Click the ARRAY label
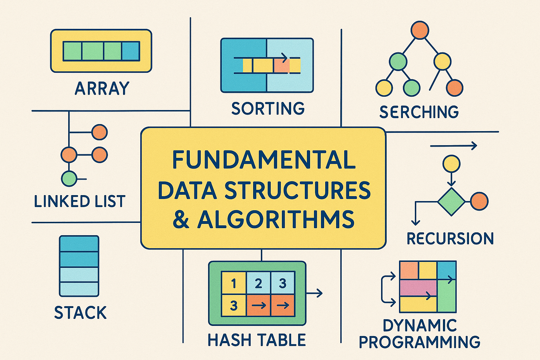tap(102, 88)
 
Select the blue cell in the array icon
tap(131, 51)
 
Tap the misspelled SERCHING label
tap(419, 112)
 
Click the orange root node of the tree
tap(420, 30)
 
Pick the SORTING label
tap(268, 108)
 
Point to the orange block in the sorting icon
tap(282, 65)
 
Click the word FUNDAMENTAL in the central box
tap(264, 160)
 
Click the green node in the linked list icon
tap(69, 179)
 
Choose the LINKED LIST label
tap(80, 201)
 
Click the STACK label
tap(81, 313)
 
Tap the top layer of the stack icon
tap(79, 244)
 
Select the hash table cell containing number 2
tap(259, 283)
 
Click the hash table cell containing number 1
tap(233, 283)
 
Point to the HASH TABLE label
tap(257, 340)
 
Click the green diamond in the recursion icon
tap(451, 201)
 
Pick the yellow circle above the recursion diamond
tap(451, 164)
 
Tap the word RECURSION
tap(450, 239)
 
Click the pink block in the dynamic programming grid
tap(418, 288)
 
